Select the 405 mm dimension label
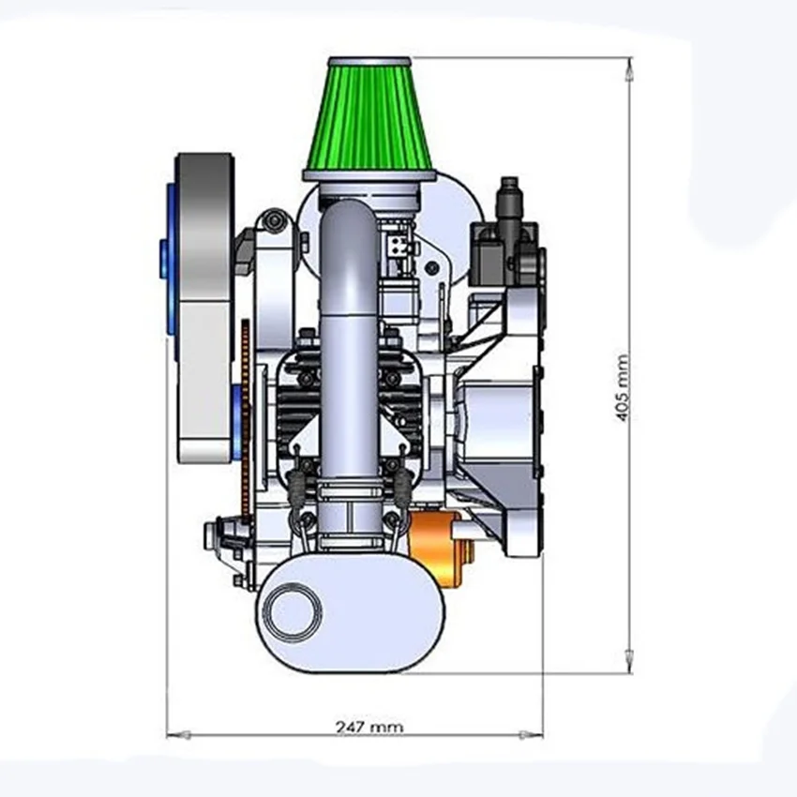pyautogui.click(x=623, y=388)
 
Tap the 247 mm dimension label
pyautogui.click(x=369, y=727)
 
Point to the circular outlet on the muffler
pyautogui.click(x=294, y=610)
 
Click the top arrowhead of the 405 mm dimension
pyautogui.click(x=629, y=69)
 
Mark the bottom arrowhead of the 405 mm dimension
pyautogui.click(x=629, y=661)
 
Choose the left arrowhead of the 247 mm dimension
pyautogui.click(x=179, y=734)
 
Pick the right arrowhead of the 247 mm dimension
pyautogui.click(x=531, y=734)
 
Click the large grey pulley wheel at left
pyautogui.click(x=203, y=308)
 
